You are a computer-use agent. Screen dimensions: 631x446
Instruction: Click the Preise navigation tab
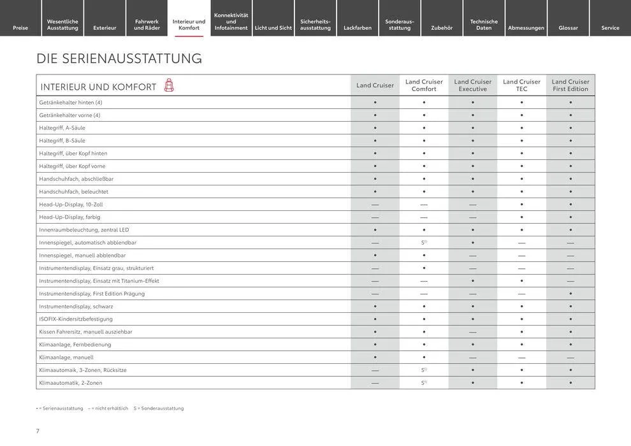[x=20, y=27]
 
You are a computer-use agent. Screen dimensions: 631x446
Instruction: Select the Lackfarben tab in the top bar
[x=358, y=27]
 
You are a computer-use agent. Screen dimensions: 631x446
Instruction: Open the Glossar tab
[x=568, y=27]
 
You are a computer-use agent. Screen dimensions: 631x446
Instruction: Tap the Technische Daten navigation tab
[x=484, y=24]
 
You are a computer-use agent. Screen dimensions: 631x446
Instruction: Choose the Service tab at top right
[x=610, y=27]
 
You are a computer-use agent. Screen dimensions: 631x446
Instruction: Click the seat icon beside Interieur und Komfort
[x=169, y=85]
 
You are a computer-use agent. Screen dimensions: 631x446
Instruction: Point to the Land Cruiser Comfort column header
[x=424, y=85]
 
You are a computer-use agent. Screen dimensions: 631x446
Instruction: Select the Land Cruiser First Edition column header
[x=570, y=85]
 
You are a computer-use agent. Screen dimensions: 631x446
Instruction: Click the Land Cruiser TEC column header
[x=521, y=85]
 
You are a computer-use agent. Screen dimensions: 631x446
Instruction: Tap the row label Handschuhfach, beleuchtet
[x=73, y=192]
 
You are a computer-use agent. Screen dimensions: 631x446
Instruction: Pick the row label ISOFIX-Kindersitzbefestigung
[x=76, y=319]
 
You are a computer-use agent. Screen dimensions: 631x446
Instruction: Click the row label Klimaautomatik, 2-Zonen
[x=70, y=383]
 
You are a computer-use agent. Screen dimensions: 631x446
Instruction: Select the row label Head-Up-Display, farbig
[x=69, y=217]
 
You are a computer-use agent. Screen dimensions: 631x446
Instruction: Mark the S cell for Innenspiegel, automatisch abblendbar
[x=424, y=243]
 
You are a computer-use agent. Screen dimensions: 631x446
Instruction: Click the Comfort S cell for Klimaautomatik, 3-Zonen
[x=424, y=370]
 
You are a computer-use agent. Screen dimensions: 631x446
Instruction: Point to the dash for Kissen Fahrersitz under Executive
[x=473, y=332]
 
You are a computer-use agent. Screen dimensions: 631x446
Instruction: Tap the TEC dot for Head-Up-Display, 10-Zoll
[x=521, y=205]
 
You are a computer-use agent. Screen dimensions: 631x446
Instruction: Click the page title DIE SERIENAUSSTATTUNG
[x=119, y=59]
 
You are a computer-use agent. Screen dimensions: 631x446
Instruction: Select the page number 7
[x=38, y=431]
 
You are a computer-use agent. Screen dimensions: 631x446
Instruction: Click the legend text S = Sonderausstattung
[x=159, y=408]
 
